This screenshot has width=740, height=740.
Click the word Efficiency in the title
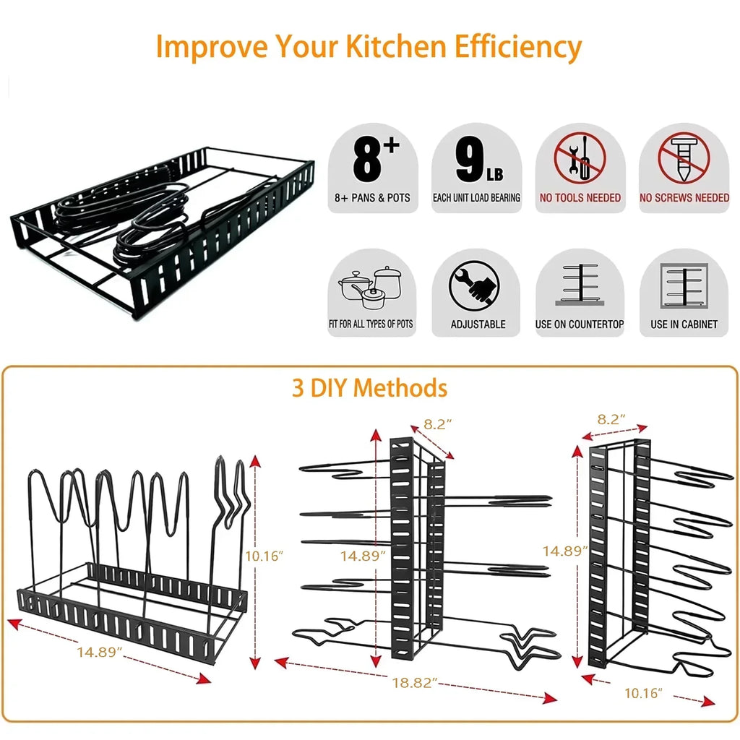coord(517,46)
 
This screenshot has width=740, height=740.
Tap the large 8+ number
coord(376,160)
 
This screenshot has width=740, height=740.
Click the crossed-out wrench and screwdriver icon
coord(580,160)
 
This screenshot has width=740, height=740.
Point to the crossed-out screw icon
coord(684,160)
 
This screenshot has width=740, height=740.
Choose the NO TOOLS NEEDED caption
coord(580,197)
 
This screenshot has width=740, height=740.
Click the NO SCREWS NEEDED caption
coord(684,197)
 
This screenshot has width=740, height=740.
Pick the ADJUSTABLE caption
coord(478,324)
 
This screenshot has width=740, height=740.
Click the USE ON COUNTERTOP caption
coord(580,324)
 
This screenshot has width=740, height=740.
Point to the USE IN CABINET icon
coord(684,286)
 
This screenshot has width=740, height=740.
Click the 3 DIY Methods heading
coord(369,388)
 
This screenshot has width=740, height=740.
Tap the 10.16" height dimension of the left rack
coord(264,556)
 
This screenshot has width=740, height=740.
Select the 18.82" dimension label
coord(415,683)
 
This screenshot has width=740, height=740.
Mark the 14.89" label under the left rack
coord(100,653)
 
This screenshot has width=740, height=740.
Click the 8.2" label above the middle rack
coord(438,424)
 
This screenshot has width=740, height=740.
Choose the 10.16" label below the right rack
coord(642,694)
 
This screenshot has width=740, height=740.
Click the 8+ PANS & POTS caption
coord(372,197)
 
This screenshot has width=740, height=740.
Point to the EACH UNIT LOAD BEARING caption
coord(476,197)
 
